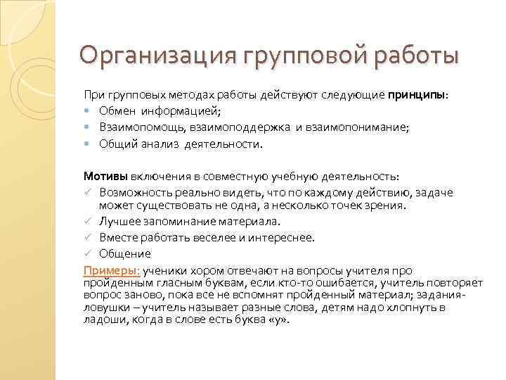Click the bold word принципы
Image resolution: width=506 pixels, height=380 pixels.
point(417,94)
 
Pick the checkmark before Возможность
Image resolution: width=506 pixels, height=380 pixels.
point(88,192)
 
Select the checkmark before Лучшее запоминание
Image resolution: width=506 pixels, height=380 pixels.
point(88,222)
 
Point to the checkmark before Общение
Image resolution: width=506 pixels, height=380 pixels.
point(88,253)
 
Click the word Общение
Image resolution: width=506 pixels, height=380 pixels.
point(125,254)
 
